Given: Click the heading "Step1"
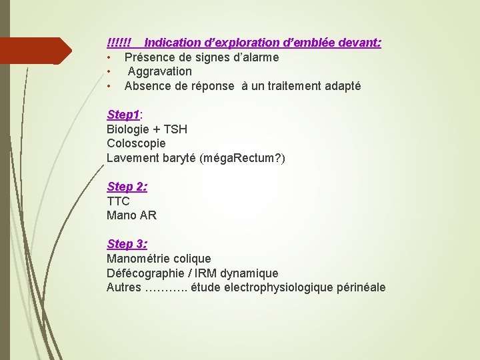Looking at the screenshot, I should [x=123, y=115].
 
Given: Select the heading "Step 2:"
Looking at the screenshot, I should [x=127, y=187].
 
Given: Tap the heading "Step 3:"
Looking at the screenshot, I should [x=127, y=244].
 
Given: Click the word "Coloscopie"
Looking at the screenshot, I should [x=136, y=143].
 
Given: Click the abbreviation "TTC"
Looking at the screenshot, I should [x=118, y=201].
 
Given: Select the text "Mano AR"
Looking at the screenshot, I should [x=131, y=215].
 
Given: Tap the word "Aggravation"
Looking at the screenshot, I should [x=159, y=71].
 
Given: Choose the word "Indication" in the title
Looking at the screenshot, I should [x=175, y=43].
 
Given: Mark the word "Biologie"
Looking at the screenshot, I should [x=129, y=129].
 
